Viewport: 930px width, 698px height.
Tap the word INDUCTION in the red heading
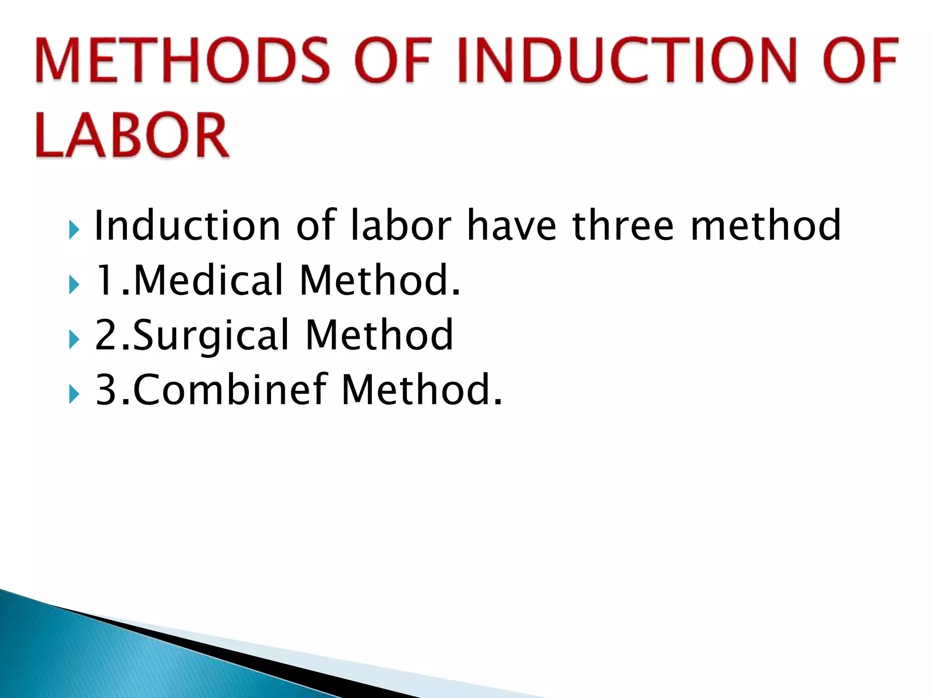pos(627,60)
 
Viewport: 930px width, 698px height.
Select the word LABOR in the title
pos(132,135)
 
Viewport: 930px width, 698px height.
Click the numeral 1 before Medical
pos(105,281)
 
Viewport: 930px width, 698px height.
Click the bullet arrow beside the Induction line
pos(74,230)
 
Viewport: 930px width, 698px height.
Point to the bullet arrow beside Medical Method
pos(74,285)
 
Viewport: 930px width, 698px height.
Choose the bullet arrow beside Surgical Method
pos(74,339)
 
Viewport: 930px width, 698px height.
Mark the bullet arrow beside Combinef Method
pos(74,394)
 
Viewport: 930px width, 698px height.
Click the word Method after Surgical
pos(379,335)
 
